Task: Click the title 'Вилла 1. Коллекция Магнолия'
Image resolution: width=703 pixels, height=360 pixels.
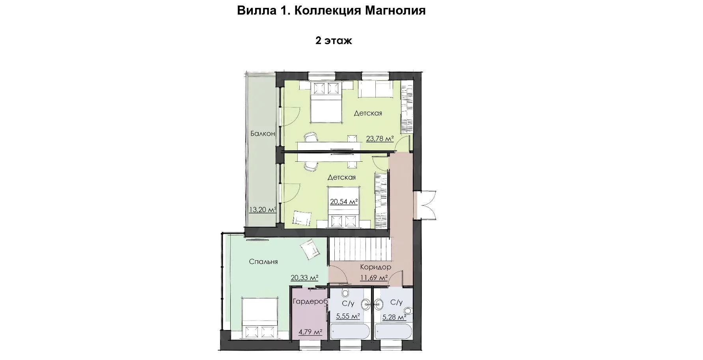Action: point(331,10)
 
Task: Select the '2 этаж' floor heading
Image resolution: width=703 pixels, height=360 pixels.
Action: point(334,41)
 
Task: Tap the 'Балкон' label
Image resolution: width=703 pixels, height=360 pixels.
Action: point(263,134)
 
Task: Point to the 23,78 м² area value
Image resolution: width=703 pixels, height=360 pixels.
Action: point(380,138)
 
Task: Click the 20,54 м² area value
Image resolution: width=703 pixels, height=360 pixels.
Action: point(344,202)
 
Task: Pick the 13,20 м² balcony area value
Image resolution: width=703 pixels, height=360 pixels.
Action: point(262,210)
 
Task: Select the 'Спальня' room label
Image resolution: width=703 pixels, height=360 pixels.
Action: point(263,261)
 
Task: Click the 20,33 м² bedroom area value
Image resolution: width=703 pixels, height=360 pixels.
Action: point(304,278)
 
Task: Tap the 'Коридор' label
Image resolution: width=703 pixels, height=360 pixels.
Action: point(375,267)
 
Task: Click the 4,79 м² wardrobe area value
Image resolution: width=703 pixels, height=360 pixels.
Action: point(311,332)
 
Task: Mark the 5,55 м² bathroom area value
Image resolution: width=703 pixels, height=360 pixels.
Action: point(348,317)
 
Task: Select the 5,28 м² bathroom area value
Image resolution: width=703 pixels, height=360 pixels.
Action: point(394,317)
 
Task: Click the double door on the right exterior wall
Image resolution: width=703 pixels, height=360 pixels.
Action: point(425,205)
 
